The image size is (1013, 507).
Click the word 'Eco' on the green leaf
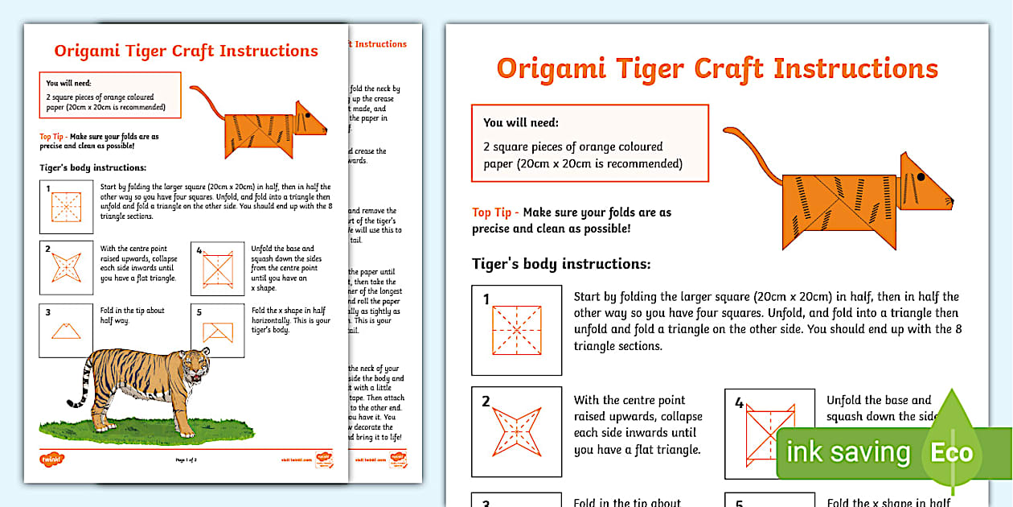click(x=952, y=452)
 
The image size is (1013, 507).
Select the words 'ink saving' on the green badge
click(x=847, y=452)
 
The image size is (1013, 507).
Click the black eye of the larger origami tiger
click(x=921, y=175)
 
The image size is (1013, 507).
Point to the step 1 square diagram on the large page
click(x=516, y=330)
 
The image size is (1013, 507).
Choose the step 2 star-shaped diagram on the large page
click(x=516, y=431)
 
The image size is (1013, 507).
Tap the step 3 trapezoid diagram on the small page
click(x=66, y=330)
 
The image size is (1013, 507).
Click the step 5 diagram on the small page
click(x=217, y=330)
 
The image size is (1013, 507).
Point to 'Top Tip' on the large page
click(x=492, y=212)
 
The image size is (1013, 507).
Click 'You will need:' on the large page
click(x=520, y=123)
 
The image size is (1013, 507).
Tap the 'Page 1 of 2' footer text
click(x=187, y=460)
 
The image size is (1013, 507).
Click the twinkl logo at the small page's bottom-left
click(x=51, y=460)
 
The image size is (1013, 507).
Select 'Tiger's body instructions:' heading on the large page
click(x=561, y=264)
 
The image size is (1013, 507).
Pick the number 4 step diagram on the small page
click(x=217, y=268)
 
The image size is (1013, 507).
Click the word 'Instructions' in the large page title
click(x=855, y=68)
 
